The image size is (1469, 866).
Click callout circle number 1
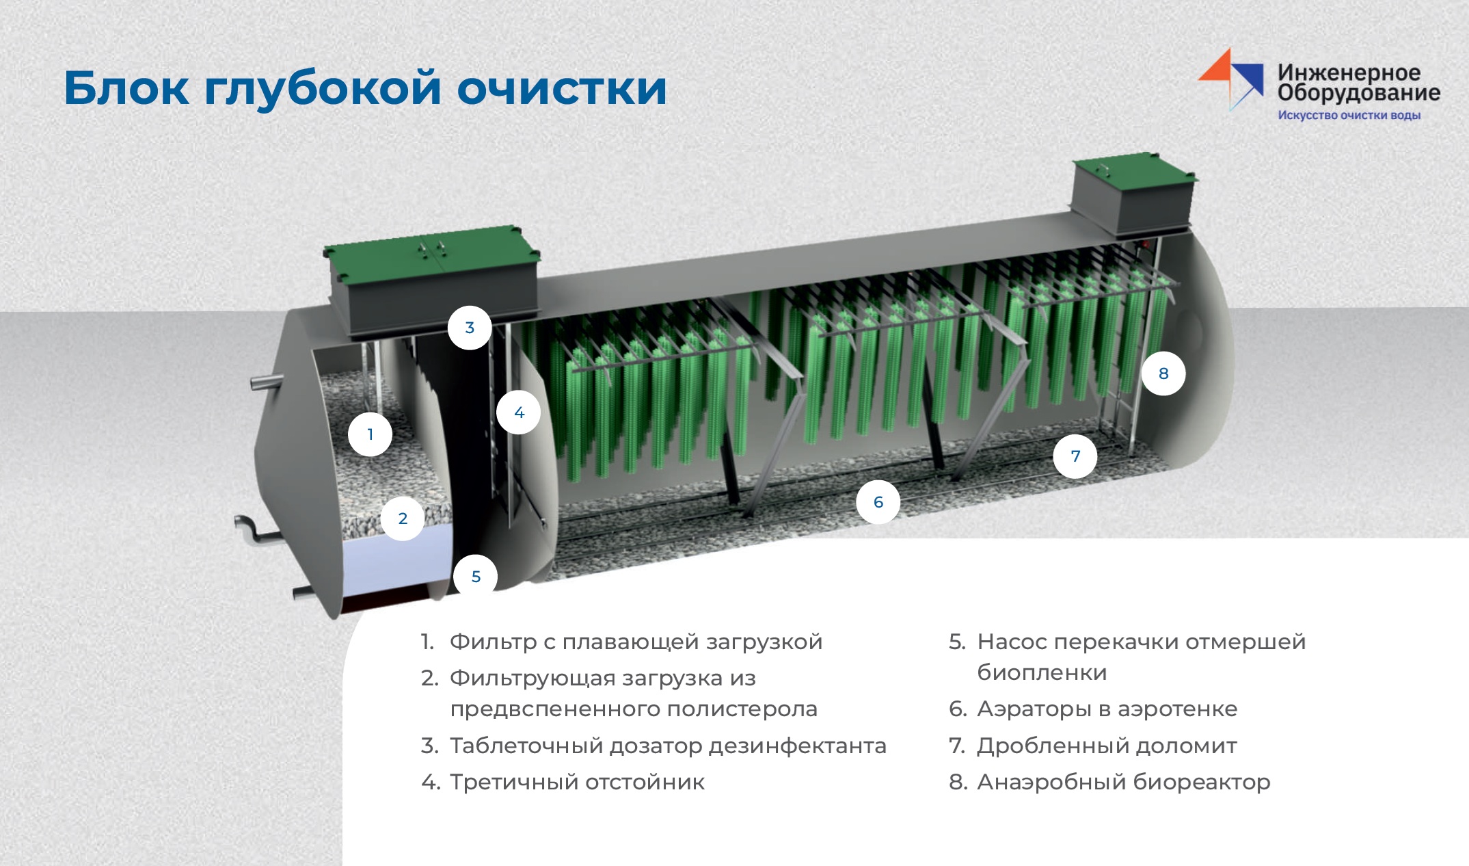tap(370, 434)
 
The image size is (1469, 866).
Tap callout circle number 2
tap(403, 519)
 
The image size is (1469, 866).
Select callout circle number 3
tap(470, 328)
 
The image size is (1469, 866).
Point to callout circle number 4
tap(519, 412)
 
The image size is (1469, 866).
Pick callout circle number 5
tap(476, 576)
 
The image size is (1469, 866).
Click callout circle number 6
tap(878, 502)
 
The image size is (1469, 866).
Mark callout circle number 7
tap(1075, 456)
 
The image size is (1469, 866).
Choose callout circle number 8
tap(1163, 373)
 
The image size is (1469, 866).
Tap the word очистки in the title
tap(562, 89)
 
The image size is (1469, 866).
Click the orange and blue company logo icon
tap(1231, 79)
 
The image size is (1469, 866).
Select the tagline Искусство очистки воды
tap(1349, 115)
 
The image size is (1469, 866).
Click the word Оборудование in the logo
tap(1359, 93)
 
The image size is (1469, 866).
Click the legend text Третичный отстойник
tap(577, 782)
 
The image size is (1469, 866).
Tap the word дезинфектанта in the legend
tap(797, 746)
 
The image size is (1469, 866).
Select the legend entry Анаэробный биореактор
tap(1124, 782)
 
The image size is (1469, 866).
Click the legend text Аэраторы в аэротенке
tap(1107, 709)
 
